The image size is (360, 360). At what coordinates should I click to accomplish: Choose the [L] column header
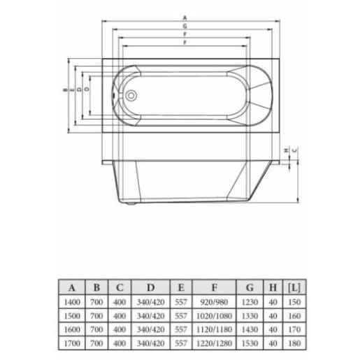click(x=294, y=287)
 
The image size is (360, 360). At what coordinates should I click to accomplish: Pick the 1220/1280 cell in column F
click(x=214, y=343)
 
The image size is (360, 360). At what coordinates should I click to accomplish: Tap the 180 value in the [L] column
click(x=294, y=343)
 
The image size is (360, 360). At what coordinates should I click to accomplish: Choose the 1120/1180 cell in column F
click(x=214, y=329)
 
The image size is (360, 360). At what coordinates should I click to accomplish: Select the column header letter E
click(x=180, y=287)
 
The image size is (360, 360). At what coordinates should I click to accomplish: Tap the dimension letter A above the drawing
click(x=185, y=15)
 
